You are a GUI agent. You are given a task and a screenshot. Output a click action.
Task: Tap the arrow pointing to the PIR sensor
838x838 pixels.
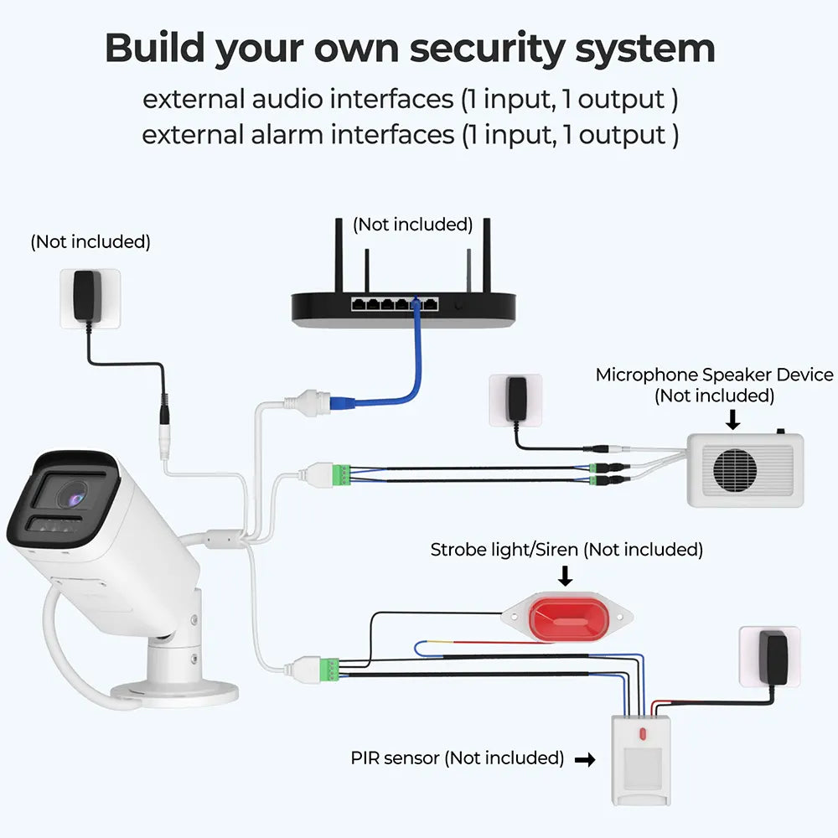tap(586, 760)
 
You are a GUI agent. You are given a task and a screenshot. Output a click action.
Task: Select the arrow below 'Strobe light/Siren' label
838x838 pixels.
tap(565, 576)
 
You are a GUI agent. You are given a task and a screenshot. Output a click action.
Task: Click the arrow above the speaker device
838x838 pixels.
tap(732, 418)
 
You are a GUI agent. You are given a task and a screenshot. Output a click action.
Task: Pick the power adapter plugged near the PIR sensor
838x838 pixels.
tap(776, 658)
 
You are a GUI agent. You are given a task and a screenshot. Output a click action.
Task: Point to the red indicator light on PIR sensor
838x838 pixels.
tap(642, 734)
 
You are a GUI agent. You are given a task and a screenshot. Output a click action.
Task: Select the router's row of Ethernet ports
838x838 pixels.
tap(394, 303)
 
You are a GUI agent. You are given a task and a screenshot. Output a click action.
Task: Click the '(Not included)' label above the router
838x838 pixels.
tap(412, 225)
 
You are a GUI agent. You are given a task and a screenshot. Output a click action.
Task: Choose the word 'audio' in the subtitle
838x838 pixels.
tap(287, 99)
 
